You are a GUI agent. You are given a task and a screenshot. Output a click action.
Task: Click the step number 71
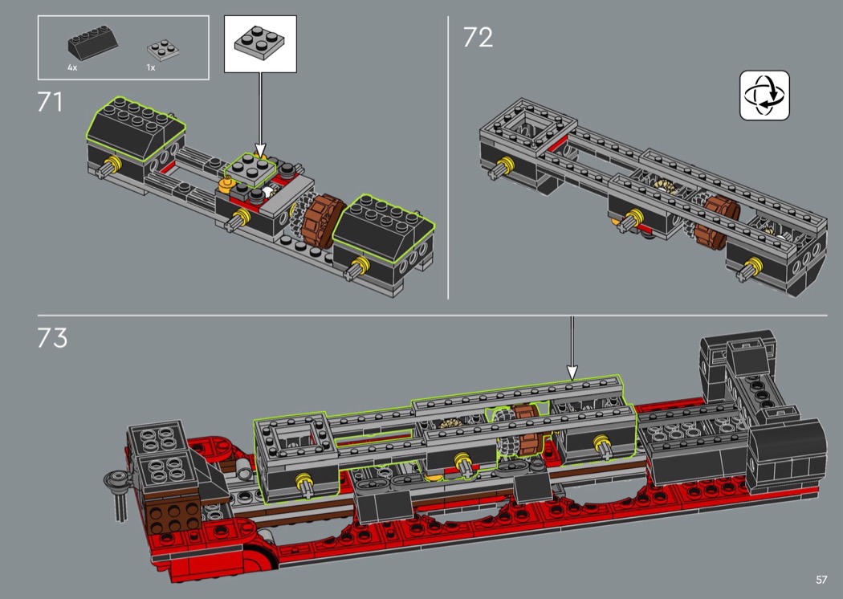pyautogui.click(x=50, y=102)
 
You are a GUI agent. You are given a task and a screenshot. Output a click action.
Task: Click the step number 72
pyautogui.click(x=478, y=38)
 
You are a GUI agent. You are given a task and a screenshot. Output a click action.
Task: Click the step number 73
pyautogui.click(x=52, y=338)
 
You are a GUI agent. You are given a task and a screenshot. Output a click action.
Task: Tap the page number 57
pyautogui.click(x=821, y=580)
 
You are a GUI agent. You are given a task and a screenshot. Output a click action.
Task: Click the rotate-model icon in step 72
pyautogui.click(x=764, y=96)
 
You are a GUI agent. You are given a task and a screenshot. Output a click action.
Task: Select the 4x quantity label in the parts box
pyautogui.click(x=72, y=67)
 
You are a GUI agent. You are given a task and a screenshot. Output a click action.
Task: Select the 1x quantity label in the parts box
pyautogui.click(x=151, y=67)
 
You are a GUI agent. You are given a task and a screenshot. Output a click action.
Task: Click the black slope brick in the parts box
pyautogui.click(x=92, y=45)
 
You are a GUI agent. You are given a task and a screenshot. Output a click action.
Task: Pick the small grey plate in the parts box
pyautogui.click(x=163, y=50)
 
